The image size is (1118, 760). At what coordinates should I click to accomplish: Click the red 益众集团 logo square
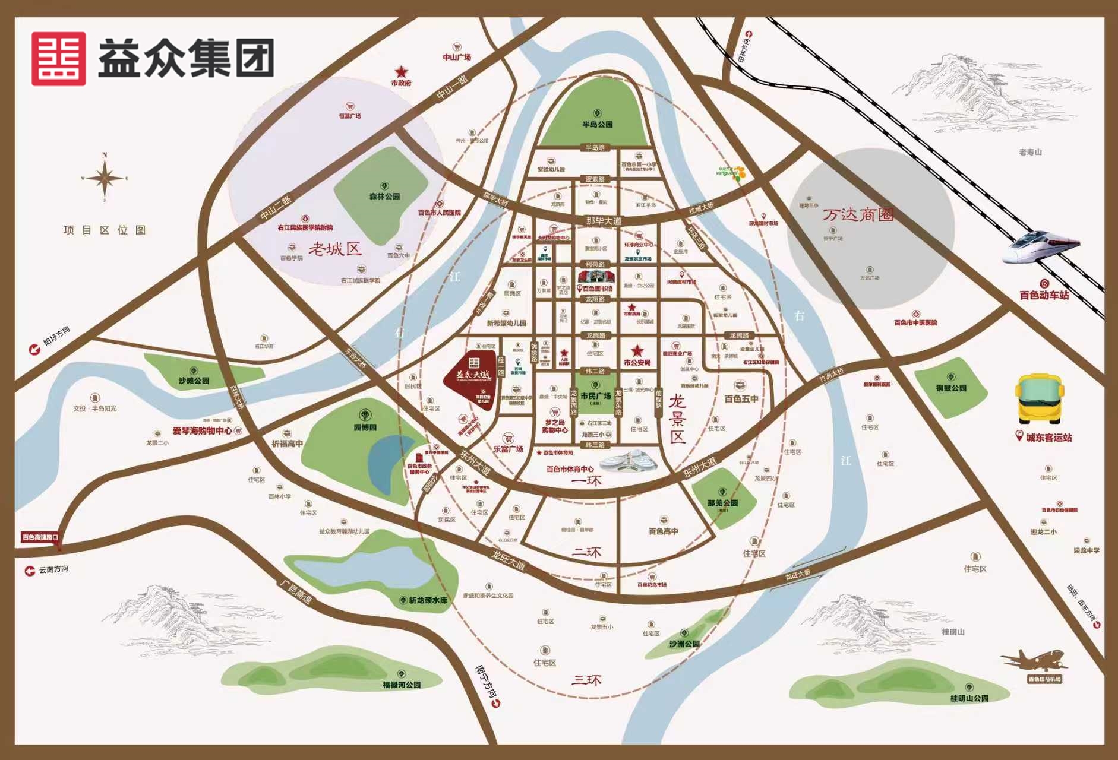click(x=58, y=59)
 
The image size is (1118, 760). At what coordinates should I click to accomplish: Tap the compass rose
click(x=105, y=177)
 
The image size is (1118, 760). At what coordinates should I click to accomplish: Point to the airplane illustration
click(x=1032, y=660)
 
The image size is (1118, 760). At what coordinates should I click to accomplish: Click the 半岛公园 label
click(x=597, y=125)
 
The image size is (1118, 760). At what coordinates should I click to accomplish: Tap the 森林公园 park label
click(x=384, y=196)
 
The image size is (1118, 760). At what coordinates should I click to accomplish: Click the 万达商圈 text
click(x=858, y=214)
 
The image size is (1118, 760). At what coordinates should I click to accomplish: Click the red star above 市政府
click(x=402, y=71)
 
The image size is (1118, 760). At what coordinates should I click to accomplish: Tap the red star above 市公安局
click(x=637, y=351)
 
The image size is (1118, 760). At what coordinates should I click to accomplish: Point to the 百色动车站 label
click(x=1044, y=295)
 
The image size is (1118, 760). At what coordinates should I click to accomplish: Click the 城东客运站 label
click(x=1048, y=438)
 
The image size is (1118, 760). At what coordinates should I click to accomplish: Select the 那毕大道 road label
click(x=603, y=221)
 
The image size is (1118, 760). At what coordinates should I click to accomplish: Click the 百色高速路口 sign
click(x=40, y=537)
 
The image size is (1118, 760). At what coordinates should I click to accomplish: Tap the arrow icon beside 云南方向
click(x=29, y=571)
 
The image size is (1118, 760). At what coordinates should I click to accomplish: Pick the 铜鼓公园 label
click(x=951, y=388)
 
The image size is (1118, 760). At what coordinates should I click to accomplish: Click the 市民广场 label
click(x=595, y=396)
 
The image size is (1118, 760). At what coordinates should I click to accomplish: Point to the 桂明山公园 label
click(x=969, y=698)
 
